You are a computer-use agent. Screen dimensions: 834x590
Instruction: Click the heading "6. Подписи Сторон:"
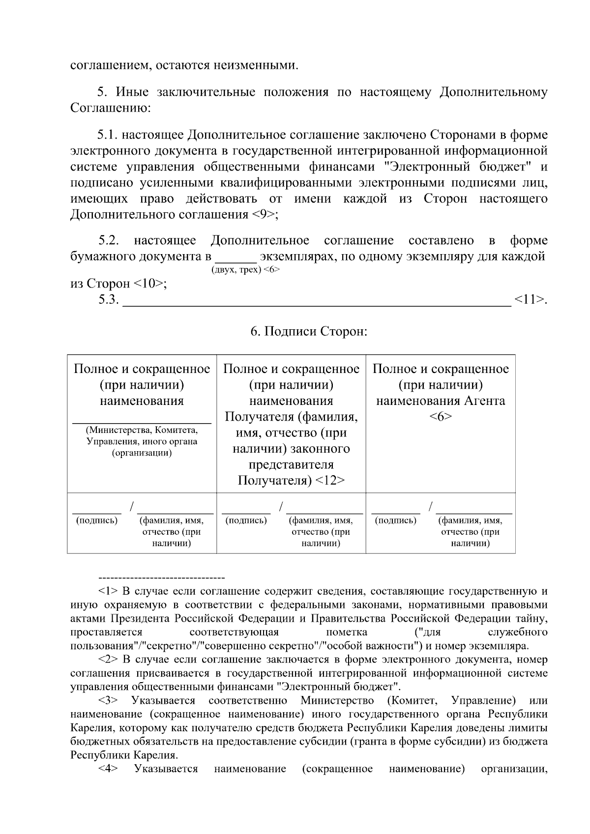point(309,332)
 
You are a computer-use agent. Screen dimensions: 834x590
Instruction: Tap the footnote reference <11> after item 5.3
point(529,299)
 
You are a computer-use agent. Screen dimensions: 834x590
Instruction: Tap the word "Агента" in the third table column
point(484,401)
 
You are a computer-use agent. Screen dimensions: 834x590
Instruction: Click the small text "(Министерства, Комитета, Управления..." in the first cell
point(142,441)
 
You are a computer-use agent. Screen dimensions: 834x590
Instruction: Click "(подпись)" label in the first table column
point(97,520)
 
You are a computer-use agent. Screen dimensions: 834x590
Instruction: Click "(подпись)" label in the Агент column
point(395,520)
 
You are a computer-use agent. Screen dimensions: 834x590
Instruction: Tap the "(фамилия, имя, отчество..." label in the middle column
point(321,532)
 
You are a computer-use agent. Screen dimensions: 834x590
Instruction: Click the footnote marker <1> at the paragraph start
point(107,591)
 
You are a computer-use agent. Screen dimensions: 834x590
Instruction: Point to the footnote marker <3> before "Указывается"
point(107,700)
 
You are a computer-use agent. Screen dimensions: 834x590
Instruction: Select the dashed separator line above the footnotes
point(162,577)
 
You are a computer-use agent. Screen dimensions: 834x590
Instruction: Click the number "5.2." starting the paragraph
point(109,240)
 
